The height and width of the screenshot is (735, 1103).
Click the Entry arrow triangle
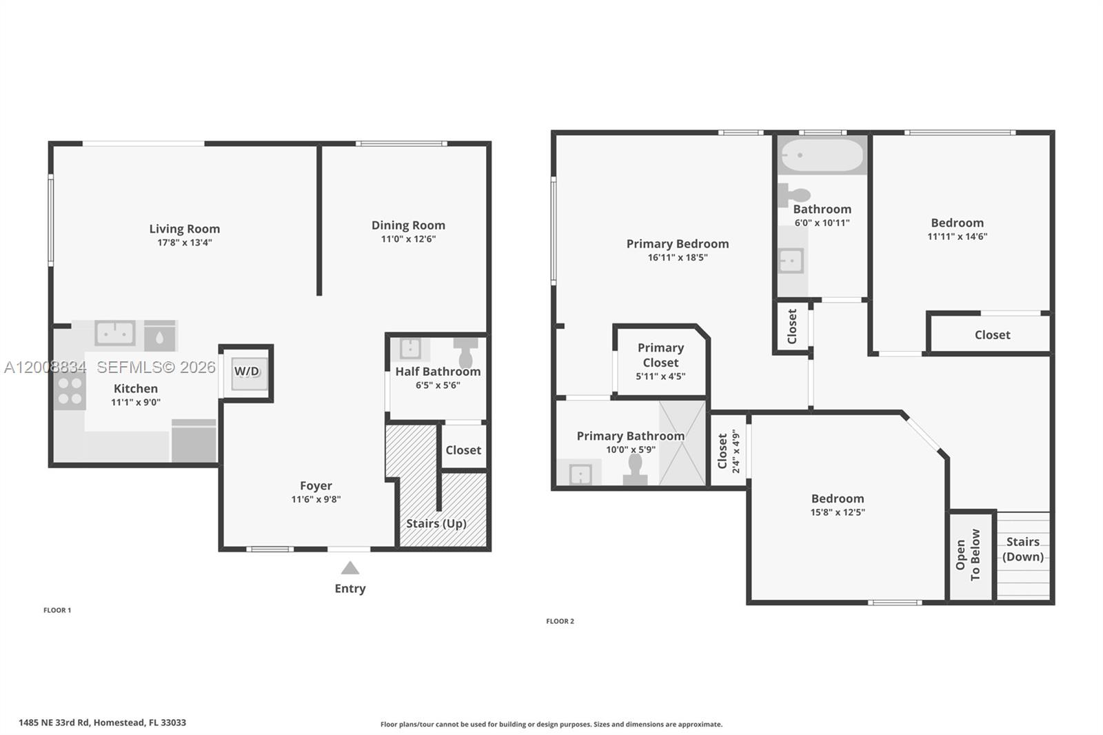350,568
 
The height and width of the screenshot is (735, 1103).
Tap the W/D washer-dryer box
247,372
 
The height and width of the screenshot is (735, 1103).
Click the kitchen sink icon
114,334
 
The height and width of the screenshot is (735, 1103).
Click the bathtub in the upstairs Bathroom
820,156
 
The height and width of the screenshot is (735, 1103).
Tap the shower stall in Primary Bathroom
682,443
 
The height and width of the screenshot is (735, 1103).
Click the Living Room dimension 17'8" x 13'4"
184,243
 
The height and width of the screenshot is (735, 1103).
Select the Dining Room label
408,225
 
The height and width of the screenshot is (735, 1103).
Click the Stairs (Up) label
436,523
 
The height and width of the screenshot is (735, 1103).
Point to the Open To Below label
968,554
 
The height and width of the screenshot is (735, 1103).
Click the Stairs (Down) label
1022,550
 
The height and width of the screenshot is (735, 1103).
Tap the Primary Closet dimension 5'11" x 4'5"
660,376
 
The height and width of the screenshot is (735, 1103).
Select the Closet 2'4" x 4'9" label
728,451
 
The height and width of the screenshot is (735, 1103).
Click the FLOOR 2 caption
560,621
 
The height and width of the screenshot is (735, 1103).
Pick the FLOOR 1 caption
57,610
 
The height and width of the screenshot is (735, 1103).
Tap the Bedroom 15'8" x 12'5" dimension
838,512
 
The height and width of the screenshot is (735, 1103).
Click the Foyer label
316,486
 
